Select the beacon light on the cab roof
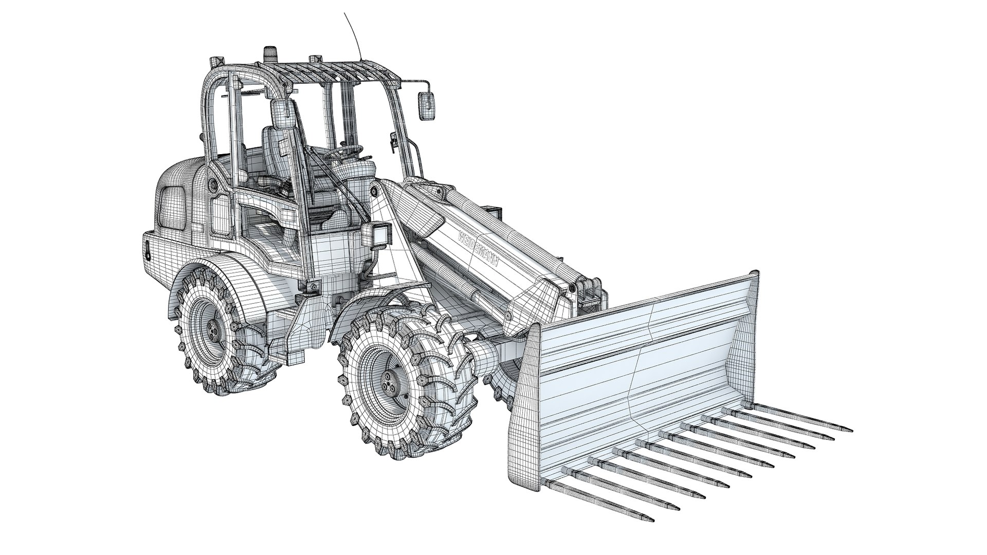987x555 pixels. tap(269, 53)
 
